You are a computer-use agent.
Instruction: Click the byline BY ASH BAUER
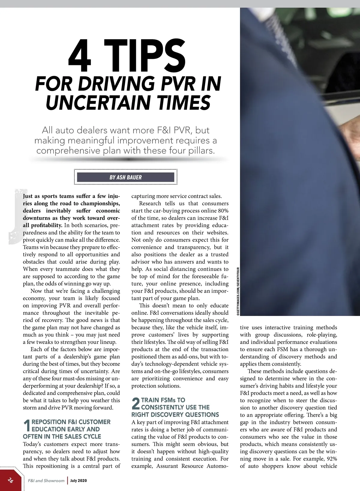pos(125,177)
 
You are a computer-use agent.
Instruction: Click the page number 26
pos(10,480)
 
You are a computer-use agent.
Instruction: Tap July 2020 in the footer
pos(79,481)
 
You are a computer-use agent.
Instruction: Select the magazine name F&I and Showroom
pos(46,481)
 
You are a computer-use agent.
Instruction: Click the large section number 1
pos(27,426)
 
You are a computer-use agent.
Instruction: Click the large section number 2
pos(136,403)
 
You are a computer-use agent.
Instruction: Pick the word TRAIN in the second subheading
pos(150,400)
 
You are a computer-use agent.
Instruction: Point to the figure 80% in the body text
pos(223,211)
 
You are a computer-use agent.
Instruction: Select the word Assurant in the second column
pos(169,466)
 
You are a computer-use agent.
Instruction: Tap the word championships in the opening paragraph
pos(100,204)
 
